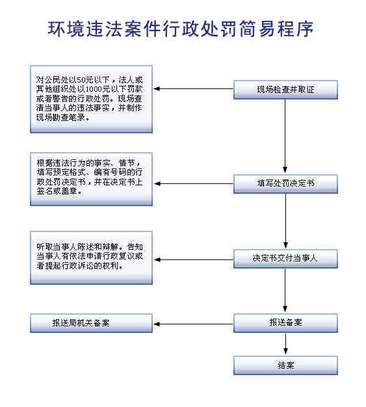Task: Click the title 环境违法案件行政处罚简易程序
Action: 181,29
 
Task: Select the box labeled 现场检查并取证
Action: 285,90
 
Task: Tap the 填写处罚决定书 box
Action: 285,184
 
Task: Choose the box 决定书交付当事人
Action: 285,259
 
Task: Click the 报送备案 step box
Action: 285,323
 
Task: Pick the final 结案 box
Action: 285,365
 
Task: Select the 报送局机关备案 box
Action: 91,323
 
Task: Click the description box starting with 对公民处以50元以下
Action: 91,99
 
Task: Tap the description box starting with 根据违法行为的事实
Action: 91,179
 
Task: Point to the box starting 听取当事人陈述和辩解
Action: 91,257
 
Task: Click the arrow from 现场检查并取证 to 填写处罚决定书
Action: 285,137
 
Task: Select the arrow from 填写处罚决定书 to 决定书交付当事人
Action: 285,221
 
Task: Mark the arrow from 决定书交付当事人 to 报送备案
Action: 285,291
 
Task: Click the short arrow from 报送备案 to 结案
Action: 285,344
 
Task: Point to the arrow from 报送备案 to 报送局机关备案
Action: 193,324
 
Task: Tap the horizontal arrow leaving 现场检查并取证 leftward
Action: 193,89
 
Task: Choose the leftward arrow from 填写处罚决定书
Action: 193,183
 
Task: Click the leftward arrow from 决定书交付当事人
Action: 193,259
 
